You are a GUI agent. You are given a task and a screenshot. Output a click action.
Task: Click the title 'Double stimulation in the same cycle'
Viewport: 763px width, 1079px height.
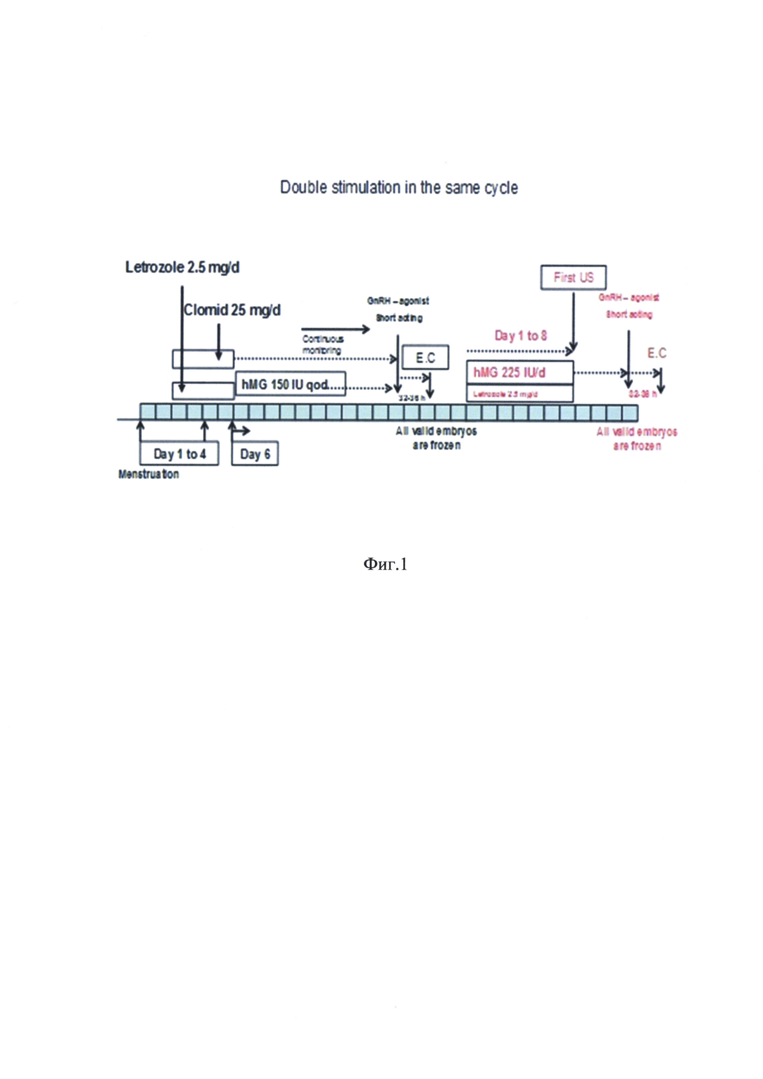click(399, 187)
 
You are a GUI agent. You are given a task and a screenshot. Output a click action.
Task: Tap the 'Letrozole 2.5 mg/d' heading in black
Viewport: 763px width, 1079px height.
click(182, 267)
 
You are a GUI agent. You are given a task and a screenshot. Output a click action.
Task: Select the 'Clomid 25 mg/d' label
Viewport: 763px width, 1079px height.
click(232, 310)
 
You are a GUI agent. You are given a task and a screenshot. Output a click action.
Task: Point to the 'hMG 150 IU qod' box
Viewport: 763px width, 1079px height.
click(291, 384)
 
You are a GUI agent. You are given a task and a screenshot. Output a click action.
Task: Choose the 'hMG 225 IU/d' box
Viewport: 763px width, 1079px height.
click(520, 373)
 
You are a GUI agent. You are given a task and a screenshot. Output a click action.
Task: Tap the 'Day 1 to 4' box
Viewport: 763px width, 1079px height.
click(179, 454)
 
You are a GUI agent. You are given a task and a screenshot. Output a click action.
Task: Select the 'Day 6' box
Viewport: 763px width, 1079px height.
click(255, 454)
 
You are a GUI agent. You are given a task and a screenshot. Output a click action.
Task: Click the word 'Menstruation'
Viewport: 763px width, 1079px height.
click(149, 474)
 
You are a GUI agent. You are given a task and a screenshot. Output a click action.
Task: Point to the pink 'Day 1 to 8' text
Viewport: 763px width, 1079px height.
click(521, 336)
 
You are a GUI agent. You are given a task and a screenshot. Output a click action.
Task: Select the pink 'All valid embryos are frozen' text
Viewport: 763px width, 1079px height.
click(637, 438)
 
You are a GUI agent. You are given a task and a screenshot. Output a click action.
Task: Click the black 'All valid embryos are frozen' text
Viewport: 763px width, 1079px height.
click(437, 438)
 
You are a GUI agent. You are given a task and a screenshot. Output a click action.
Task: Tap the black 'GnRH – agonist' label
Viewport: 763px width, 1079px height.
click(398, 301)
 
